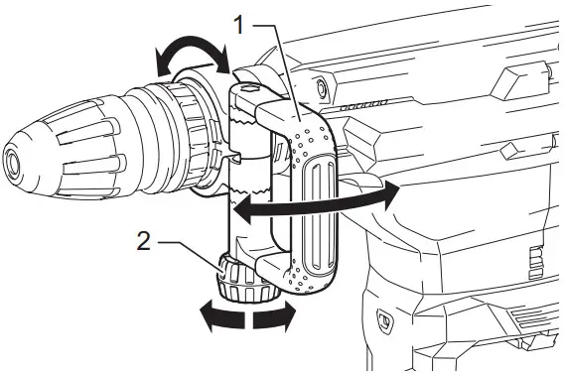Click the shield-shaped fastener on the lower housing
tap(384, 319)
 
